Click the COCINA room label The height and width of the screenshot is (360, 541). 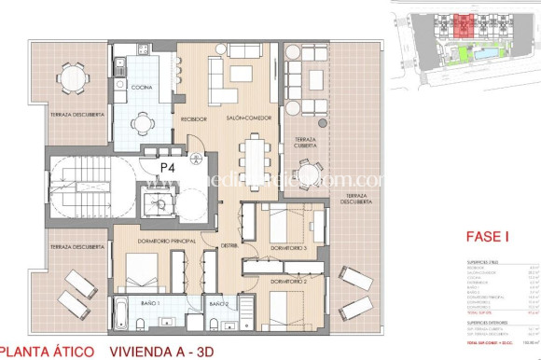pos(141,87)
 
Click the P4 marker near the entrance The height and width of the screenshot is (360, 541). pos(168,168)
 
